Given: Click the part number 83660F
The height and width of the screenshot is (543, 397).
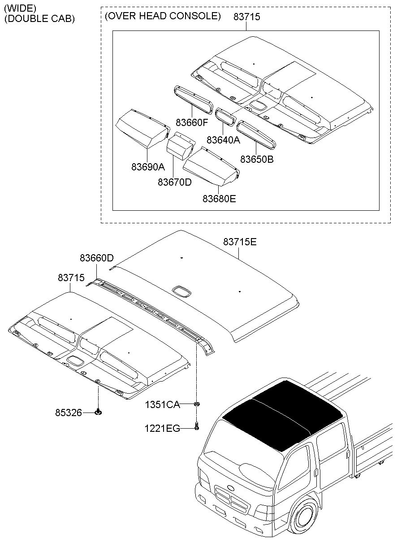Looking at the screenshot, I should pos(192,122).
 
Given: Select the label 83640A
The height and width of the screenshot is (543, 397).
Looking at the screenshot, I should pos(224,140).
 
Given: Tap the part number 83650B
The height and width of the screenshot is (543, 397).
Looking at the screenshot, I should pos(257,159).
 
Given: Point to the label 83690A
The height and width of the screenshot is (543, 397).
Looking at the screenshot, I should pos(148,167).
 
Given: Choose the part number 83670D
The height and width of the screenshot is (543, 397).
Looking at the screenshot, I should pos(175,182).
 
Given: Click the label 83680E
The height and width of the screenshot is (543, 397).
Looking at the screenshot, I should pos(219,198).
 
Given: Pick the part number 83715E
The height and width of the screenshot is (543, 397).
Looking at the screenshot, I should pos(240,242).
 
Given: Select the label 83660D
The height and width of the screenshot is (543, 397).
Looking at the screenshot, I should pos(97,258).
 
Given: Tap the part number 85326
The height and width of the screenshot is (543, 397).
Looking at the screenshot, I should pos(69,413).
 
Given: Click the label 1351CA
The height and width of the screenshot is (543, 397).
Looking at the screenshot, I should pos(162,405).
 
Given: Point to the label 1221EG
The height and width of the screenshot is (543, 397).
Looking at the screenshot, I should pos(162,429).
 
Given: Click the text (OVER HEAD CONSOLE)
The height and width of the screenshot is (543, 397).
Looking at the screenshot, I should pos(163,16).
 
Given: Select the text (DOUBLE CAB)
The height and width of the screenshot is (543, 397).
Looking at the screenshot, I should pos(39,19).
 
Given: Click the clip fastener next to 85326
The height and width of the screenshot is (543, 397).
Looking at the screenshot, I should pos(98,412).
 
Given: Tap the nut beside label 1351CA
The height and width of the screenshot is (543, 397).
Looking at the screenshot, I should pos(197,404).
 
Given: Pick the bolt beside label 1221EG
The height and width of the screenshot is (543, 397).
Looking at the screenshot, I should pos(197,427).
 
